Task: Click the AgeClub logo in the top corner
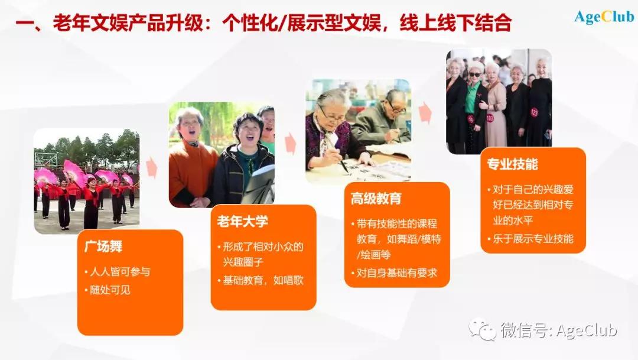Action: point(604,17)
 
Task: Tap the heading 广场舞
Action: point(103,247)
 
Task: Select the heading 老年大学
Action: point(243,222)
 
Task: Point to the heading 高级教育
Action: point(376,199)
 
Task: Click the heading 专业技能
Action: point(512,164)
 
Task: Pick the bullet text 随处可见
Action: point(110,290)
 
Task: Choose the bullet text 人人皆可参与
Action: point(119,272)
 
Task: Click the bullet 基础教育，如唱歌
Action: point(263,280)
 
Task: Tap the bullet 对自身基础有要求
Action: point(397,273)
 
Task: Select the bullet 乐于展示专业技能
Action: point(533,239)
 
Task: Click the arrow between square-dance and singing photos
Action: point(152,167)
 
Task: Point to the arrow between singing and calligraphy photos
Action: point(290,143)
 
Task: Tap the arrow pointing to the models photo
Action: point(425,113)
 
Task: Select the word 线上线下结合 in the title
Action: point(455,23)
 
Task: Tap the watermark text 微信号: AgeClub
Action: point(558,330)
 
